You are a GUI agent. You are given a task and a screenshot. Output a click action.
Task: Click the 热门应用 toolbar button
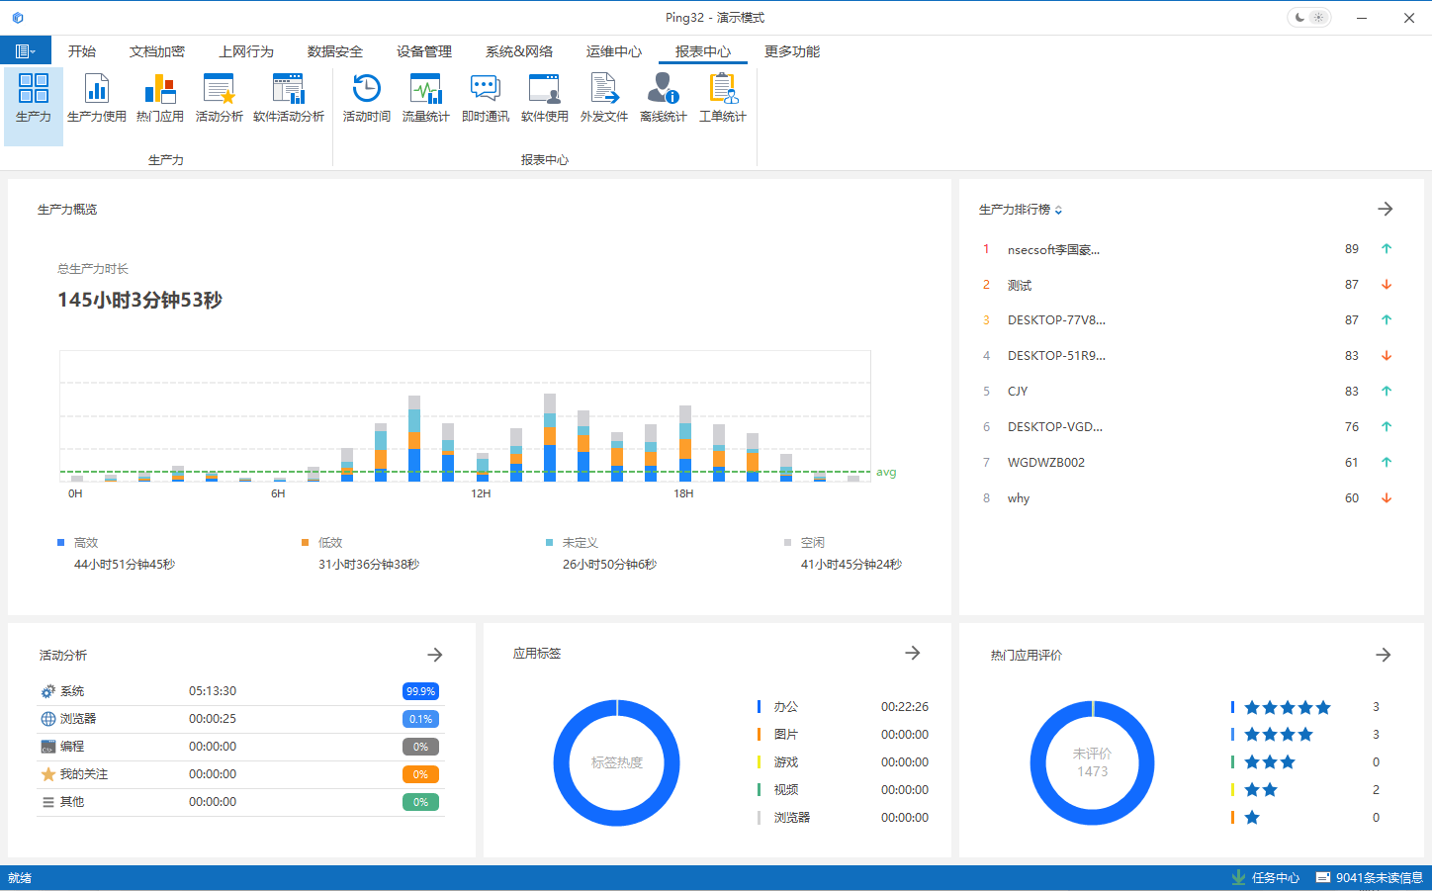pos(160,98)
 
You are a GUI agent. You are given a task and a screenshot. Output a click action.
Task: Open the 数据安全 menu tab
pos(334,51)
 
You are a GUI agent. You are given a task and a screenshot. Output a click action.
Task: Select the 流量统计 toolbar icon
pos(425,98)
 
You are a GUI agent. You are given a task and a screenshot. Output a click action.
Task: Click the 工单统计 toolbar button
pos(722,98)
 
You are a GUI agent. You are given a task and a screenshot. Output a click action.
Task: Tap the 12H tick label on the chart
pos(481,493)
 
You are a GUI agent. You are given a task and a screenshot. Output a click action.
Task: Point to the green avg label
pos(886,473)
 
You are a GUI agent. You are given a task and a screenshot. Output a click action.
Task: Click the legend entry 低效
pos(329,543)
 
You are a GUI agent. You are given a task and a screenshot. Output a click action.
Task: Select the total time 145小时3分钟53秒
pos(139,300)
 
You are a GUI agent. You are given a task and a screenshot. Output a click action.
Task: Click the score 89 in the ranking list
pos(1351,249)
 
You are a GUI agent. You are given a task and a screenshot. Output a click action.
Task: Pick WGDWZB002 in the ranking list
pos(1045,463)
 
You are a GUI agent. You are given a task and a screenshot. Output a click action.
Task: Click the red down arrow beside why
pos(1387,498)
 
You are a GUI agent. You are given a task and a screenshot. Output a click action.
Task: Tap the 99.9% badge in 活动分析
pos(420,691)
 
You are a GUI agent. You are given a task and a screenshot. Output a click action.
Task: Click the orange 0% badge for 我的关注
pos(420,774)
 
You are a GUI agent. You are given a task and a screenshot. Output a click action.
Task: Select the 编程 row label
pos(72,747)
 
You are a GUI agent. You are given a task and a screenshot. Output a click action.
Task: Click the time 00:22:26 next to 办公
pos(904,707)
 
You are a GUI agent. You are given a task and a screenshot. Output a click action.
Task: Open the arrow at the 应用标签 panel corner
pos(913,653)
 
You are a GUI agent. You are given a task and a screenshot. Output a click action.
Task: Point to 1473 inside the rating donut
pos(1092,771)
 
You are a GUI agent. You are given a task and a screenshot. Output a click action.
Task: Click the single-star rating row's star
pos(1252,818)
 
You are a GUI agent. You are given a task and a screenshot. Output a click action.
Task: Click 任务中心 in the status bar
pos(1275,878)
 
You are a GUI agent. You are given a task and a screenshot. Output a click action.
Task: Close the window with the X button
pos(1408,18)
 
